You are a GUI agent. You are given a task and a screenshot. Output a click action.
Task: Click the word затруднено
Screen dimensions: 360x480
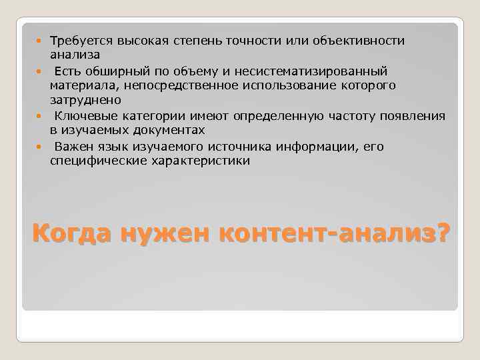click(85, 100)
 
